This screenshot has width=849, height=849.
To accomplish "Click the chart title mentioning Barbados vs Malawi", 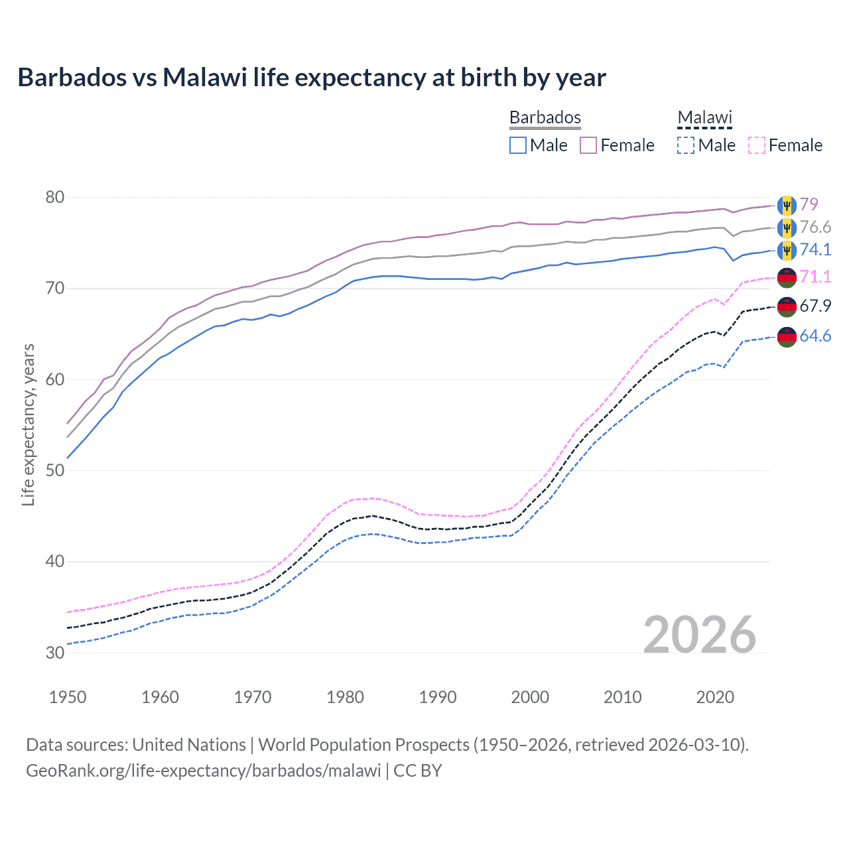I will [312, 78].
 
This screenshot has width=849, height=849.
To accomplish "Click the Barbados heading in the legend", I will [545, 117].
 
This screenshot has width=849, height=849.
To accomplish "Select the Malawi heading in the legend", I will [704, 117].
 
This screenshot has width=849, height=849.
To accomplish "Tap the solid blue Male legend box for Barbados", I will [518, 145].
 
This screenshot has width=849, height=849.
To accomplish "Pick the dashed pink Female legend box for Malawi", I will [757, 145].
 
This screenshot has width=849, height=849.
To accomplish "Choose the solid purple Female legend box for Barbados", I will [588, 145].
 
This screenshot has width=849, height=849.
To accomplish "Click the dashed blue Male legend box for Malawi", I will [686, 145].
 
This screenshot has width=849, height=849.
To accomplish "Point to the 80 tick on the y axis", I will [55, 197].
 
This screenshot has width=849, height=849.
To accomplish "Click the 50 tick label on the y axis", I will [55, 470].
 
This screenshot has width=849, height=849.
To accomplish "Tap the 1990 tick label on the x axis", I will [438, 697].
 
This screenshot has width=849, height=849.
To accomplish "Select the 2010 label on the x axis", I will [622, 697].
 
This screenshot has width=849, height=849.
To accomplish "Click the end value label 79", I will [809, 204].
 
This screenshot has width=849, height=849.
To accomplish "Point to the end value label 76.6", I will [815, 227].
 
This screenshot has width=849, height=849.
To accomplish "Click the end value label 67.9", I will [815, 306].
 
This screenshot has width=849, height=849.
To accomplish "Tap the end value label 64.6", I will [815, 336].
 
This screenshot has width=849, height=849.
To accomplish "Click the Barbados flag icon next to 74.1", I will [787, 250].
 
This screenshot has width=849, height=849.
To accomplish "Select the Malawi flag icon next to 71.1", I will [787, 277].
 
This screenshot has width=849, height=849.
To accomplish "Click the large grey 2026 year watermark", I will [699, 635].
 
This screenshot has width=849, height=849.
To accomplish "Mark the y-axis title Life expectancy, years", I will [28, 424].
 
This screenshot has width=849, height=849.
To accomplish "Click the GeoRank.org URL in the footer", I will [204, 771].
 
